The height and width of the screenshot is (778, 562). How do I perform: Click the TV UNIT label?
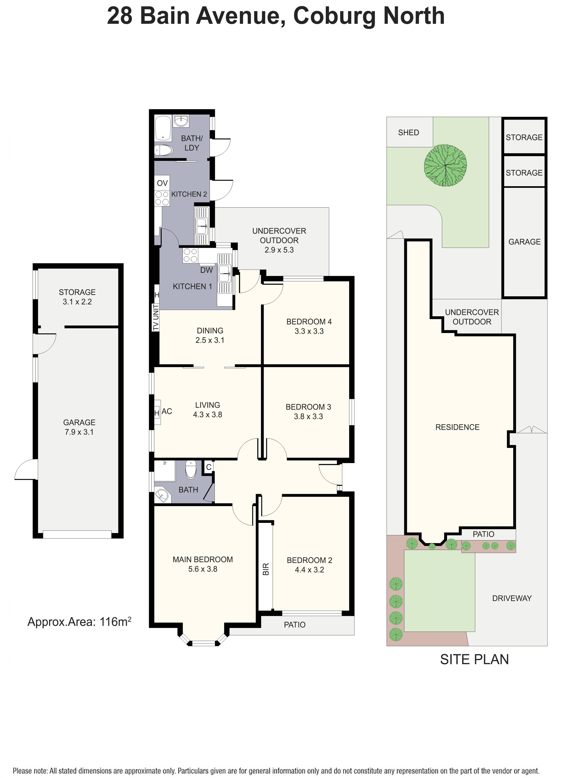tap(156, 317)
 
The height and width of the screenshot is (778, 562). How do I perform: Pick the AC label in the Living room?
tap(167, 411)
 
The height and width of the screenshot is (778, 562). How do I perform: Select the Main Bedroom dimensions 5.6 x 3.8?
tap(203, 569)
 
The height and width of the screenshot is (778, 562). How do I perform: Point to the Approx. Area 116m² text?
tap(79, 622)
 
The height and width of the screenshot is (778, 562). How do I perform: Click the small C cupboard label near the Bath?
tap(209, 467)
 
